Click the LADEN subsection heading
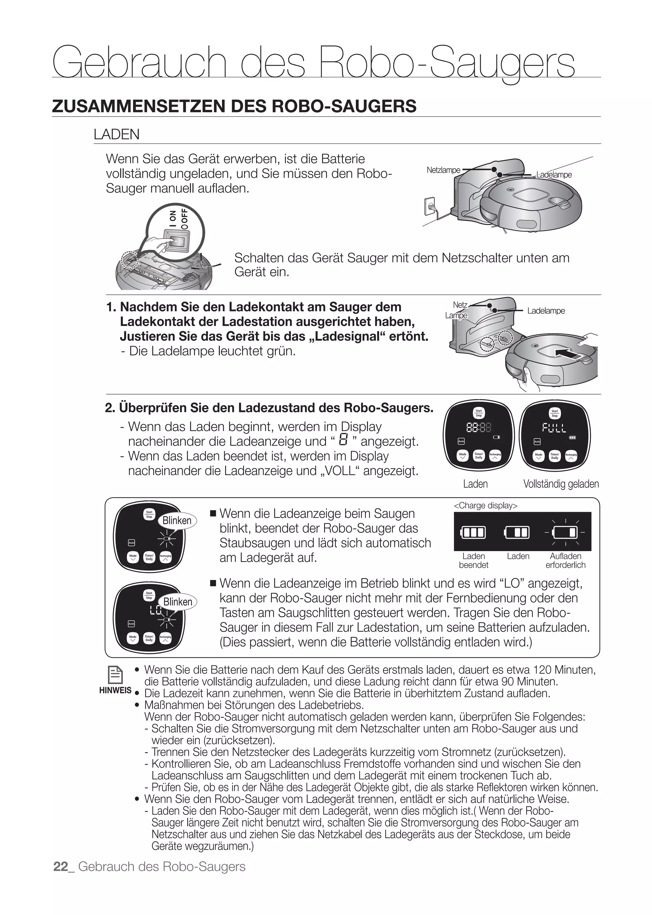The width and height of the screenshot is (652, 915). [117, 134]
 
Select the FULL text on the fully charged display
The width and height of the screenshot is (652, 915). [555, 428]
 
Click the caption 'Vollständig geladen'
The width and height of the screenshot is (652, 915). [561, 484]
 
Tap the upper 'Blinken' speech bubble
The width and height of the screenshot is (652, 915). [177, 521]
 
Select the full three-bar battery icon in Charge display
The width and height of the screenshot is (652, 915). [473, 533]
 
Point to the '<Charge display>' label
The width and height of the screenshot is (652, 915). [485, 506]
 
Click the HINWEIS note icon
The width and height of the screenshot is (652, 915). [115, 675]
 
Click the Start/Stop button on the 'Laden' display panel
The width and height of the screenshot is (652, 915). [478, 413]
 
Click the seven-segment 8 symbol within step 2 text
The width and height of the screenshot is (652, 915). [343, 440]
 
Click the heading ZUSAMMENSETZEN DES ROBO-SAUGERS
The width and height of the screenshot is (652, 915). [234, 106]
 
